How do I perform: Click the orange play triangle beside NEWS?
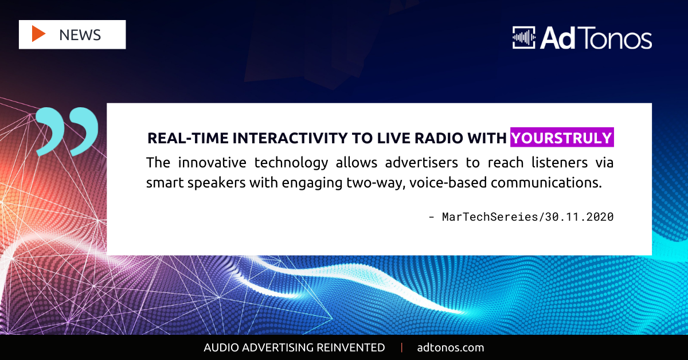tap(38, 34)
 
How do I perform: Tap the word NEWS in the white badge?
tap(80, 35)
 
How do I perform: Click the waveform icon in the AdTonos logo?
tap(523, 37)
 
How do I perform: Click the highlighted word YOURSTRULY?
tap(562, 138)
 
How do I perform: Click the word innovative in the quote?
tap(212, 162)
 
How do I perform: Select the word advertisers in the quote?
tap(421, 162)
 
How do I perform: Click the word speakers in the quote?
tap(217, 183)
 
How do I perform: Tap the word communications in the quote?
tap(546, 183)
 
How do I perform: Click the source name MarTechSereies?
tap(490, 217)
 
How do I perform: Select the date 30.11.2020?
tap(579, 217)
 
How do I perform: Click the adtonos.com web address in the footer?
tap(450, 348)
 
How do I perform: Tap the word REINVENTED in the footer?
tap(350, 348)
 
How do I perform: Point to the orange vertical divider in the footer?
tap(401, 348)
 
